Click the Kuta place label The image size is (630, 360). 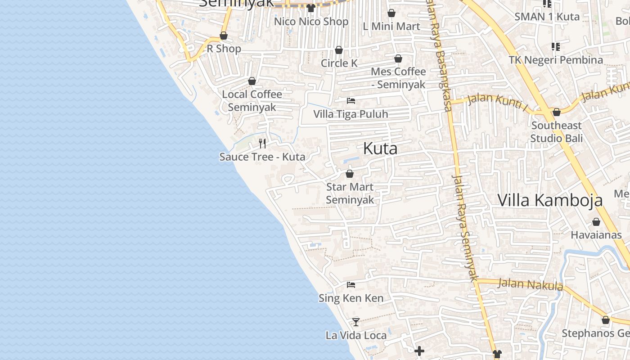tap(380, 148)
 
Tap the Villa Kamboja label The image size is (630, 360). tap(550, 200)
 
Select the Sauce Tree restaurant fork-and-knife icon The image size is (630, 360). tap(262, 144)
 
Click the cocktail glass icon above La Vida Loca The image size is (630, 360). tap(356, 322)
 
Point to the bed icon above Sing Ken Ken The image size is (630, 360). tap(351, 285)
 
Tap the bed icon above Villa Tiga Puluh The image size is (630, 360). tap(351, 101)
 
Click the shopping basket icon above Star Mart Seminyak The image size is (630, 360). tap(350, 174)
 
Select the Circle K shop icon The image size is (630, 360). tap(339, 50)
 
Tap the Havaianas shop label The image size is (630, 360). tap(596, 235)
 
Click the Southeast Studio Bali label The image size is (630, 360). tap(556, 131)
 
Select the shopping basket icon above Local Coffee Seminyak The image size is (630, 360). tap(252, 81)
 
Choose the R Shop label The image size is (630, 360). tap(224, 49)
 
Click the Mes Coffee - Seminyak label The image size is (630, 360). tap(398, 78)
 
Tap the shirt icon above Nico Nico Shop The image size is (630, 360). tap(310, 8)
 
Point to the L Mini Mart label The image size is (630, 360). tap(391, 27)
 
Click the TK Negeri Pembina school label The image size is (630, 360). tap(556, 60)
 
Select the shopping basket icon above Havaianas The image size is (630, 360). tap(596, 222)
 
